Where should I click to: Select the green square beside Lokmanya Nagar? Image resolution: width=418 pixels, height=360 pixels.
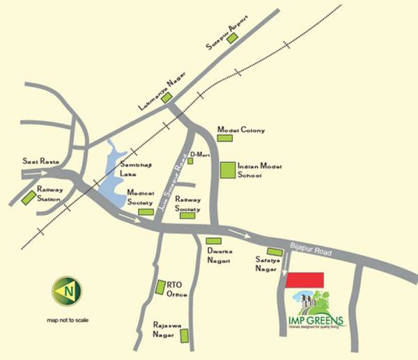click(x=167, y=98)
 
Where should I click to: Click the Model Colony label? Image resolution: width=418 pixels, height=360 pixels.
click(x=241, y=130)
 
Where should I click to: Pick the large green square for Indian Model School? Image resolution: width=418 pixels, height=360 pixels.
click(x=227, y=171)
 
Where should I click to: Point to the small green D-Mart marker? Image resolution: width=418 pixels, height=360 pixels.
click(x=190, y=161)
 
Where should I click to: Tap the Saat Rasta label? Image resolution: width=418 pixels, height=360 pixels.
click(x=40, y=161)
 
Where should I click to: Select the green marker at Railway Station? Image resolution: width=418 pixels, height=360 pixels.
click(x=29, y=197)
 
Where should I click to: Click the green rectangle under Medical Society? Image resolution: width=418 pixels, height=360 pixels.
click(x=146, y=212)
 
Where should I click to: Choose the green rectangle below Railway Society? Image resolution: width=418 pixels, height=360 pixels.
click(x=187, y=216)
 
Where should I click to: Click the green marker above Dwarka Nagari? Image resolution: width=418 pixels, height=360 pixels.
click(x=213, y=241)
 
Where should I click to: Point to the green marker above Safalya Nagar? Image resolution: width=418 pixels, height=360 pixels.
click(x=275, y=251)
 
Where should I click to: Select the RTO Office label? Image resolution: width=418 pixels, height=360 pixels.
click(x=178, y=290)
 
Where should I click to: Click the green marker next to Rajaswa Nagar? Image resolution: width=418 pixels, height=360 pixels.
click(x=185, y=336)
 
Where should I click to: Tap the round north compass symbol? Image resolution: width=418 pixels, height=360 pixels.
click(x=68, y=290)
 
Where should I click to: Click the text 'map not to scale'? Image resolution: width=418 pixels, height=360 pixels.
click(x=68, y=321)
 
